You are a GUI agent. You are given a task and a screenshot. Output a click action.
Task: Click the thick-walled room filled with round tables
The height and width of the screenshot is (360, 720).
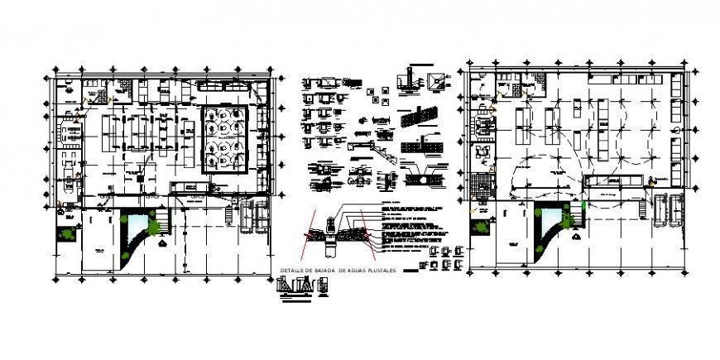tap(224, 138)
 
